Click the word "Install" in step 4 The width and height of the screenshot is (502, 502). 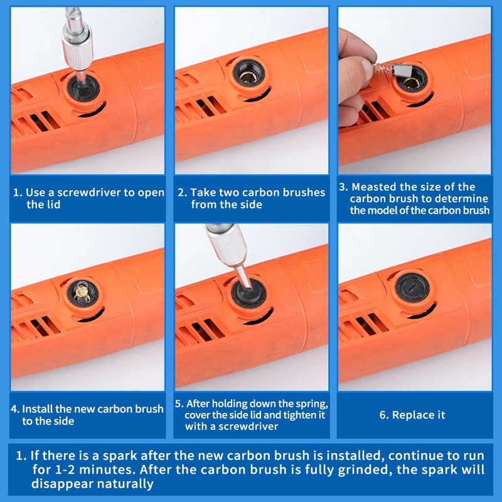pyautogui.click(x=37, y=409)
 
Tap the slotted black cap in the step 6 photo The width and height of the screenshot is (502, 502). pyautogui.click(x=412, y=287)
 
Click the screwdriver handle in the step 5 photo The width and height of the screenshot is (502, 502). pyautogui.click(x=227, y=244)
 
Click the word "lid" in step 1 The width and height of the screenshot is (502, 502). pyautogui.click(x=54, y=205)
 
